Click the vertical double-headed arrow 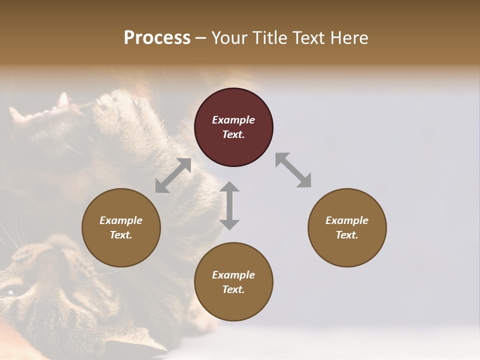click(229, 205)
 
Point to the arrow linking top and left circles click(173, 175)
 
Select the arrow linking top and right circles click(293, 170)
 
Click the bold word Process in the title click(157, 37)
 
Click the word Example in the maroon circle click(233, 120)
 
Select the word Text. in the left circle click(121, 235)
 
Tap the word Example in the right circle click(346, 220)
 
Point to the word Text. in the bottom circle click(233, 289)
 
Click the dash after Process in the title click(200, 38)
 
